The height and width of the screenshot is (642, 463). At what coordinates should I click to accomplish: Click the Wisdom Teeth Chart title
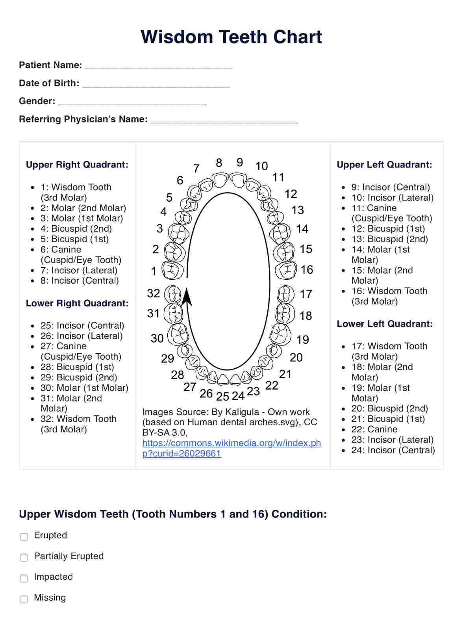click(231, 37)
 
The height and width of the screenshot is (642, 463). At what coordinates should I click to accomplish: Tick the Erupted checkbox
click(24, 537)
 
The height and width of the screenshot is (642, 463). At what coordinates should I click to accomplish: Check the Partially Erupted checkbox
click(24, 558)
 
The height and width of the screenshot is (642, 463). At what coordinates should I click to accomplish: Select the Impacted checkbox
click(24, 578)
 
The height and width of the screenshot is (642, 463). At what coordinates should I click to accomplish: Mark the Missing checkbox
click(24, 599)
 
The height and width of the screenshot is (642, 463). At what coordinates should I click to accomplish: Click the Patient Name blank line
click(159, 66)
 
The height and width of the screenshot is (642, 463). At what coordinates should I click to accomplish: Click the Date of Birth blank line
click(156, 84)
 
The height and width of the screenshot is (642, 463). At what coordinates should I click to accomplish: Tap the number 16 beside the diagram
click(307, 270)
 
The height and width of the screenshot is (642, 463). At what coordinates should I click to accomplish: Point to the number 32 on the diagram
click(154, 293)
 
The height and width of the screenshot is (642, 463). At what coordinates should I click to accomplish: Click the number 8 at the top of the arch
click(219, 163)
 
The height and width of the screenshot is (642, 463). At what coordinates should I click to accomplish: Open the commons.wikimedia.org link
click(231, 448)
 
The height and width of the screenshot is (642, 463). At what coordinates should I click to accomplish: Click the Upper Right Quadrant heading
click(77, 165)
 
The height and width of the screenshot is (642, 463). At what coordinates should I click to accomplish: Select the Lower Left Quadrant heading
click(385, 324)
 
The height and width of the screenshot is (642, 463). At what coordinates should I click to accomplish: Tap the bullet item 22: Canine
click(374, 429)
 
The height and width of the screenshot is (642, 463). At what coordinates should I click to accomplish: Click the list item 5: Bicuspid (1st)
click(74, 239)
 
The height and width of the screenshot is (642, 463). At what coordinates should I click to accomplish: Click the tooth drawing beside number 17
click(285, 294)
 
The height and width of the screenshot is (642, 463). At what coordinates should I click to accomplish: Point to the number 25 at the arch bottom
click(222, 397)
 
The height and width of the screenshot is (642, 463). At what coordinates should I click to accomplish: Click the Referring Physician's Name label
click(83, 119)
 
